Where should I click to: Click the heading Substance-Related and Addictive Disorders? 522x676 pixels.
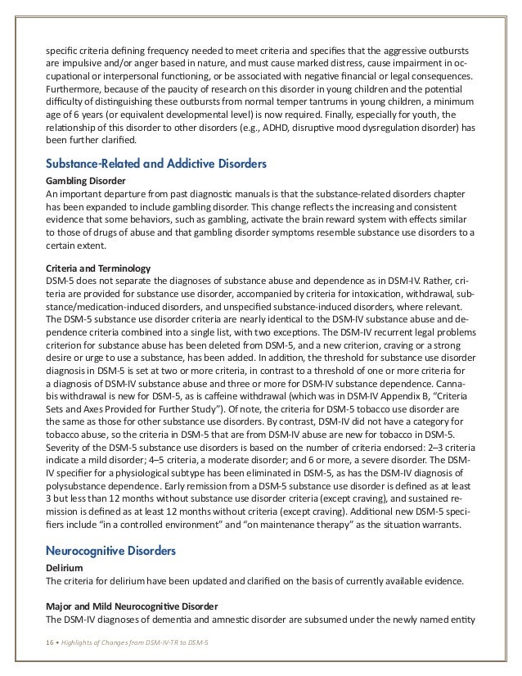click(x=155, y=164)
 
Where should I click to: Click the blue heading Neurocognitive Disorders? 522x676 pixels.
click(x=110, y=552)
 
